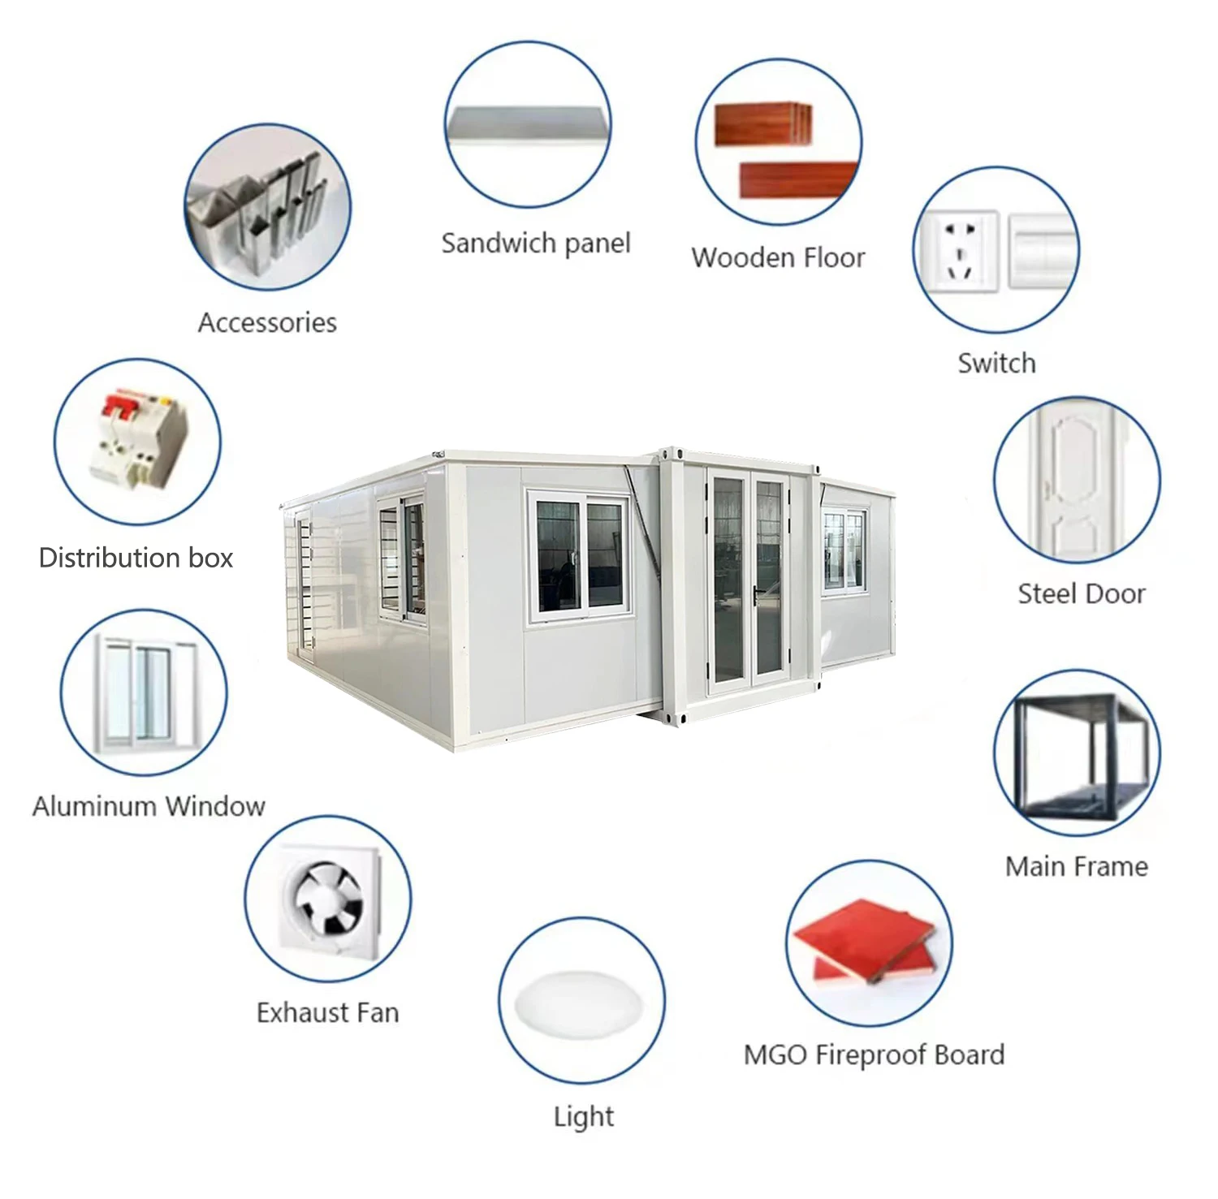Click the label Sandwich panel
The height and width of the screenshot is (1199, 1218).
point(536,243)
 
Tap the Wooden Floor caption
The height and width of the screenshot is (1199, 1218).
point(778,257)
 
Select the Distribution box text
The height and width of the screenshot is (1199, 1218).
point(136,558)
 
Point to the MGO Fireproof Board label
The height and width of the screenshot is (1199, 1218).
point(874,1055)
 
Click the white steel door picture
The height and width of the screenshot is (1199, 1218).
point(1076,479)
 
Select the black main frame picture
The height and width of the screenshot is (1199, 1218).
point(1078,754)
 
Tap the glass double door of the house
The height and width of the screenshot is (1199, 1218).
point(749,581)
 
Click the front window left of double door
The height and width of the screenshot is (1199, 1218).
point(580,557)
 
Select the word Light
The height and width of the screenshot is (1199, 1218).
point(583,1117)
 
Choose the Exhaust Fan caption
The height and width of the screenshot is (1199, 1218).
point(327,1012)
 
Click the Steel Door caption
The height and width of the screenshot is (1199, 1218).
point(1081,593)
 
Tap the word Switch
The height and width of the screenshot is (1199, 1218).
point(996,363)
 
